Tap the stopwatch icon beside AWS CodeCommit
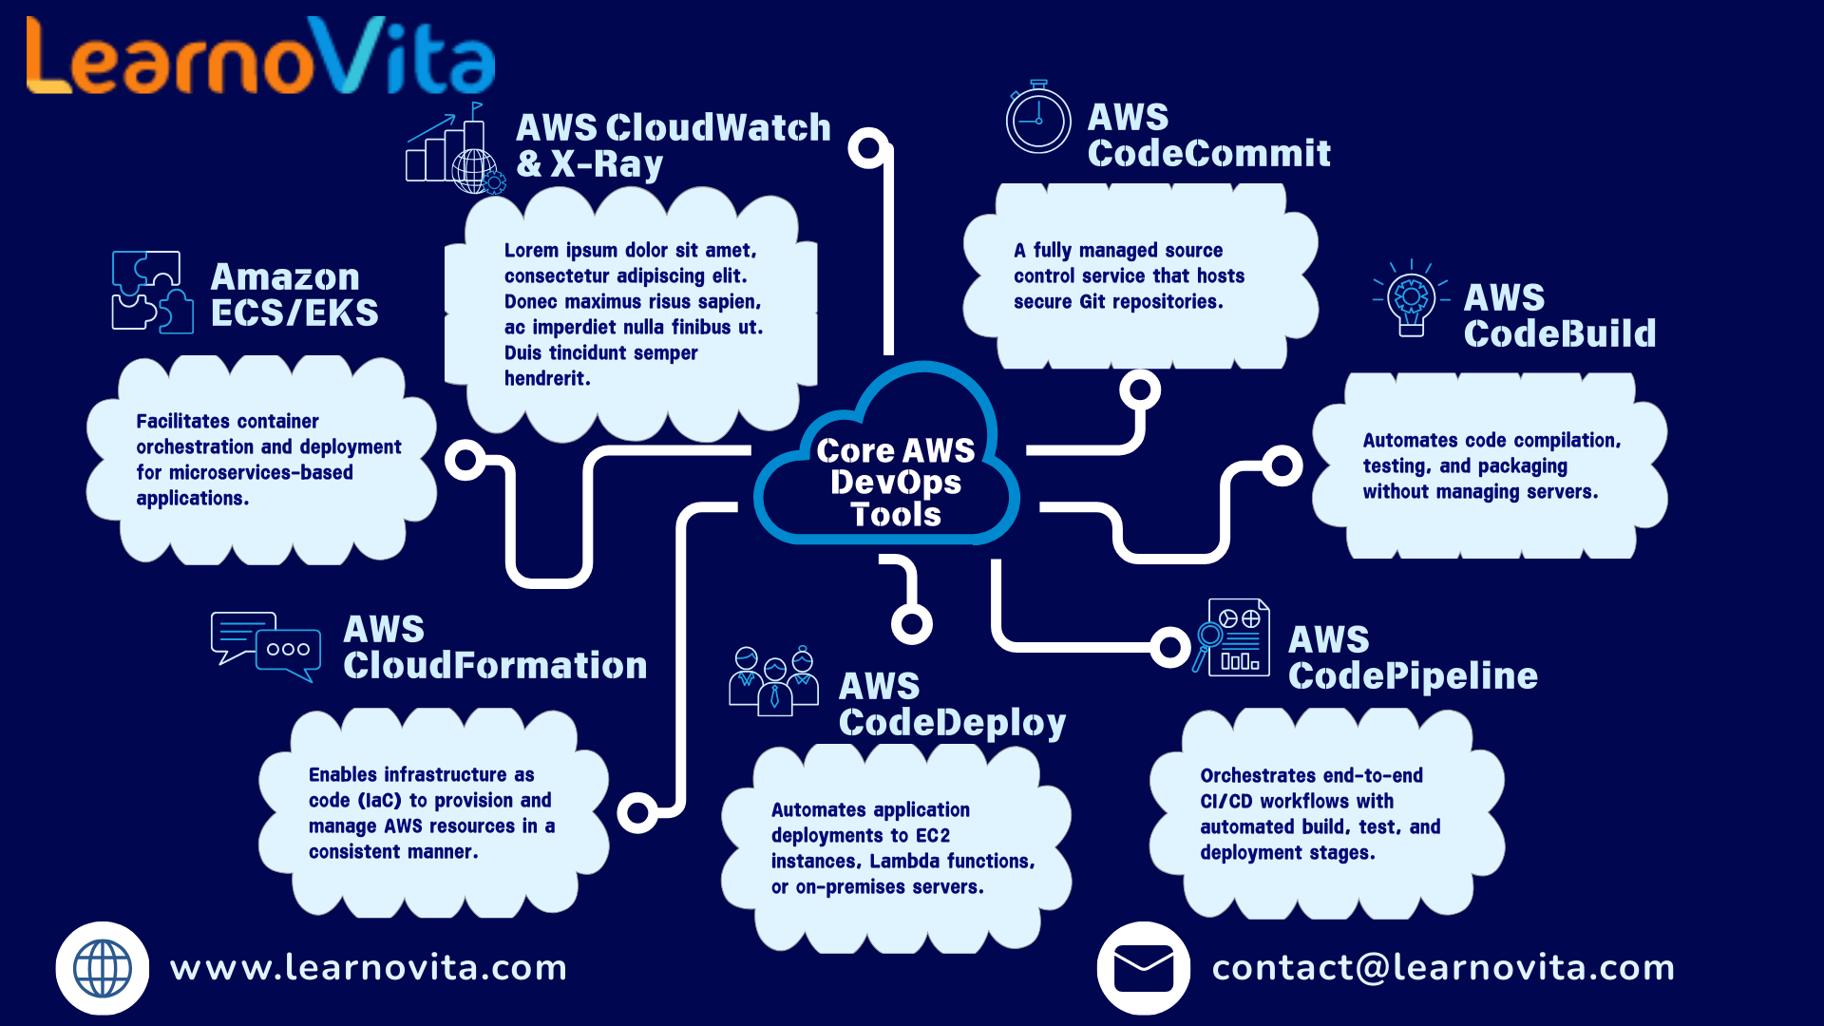pyautogui.click(x=1038, y=119)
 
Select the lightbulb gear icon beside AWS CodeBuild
pyautogui.click(x=1412, y=298)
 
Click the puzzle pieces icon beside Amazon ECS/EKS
pyautogui.click(x=152, y=292)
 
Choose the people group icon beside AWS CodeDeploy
pyautogui.click(x=773, y=680)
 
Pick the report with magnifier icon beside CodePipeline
pyautogui.click(x=1232, y=637)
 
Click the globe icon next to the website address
pyautogui.click(x=103, y=968)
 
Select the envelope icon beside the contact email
pyautogui.click(x=1144, y=968)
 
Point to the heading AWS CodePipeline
pyautogui.click(x=1412, y=657)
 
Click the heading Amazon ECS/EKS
pyautogui.click(x=294, y=294)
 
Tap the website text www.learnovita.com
pyautogui.click(x=369, y=968)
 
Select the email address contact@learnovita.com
pyautogui.click(x=1443, y=968)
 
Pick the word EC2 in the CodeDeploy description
pyautogui.click(x=933, y=836)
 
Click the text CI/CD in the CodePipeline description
pyautogui.click(x=1226, y=802)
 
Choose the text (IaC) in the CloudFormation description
pyautogui.click(x=380, y=801)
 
